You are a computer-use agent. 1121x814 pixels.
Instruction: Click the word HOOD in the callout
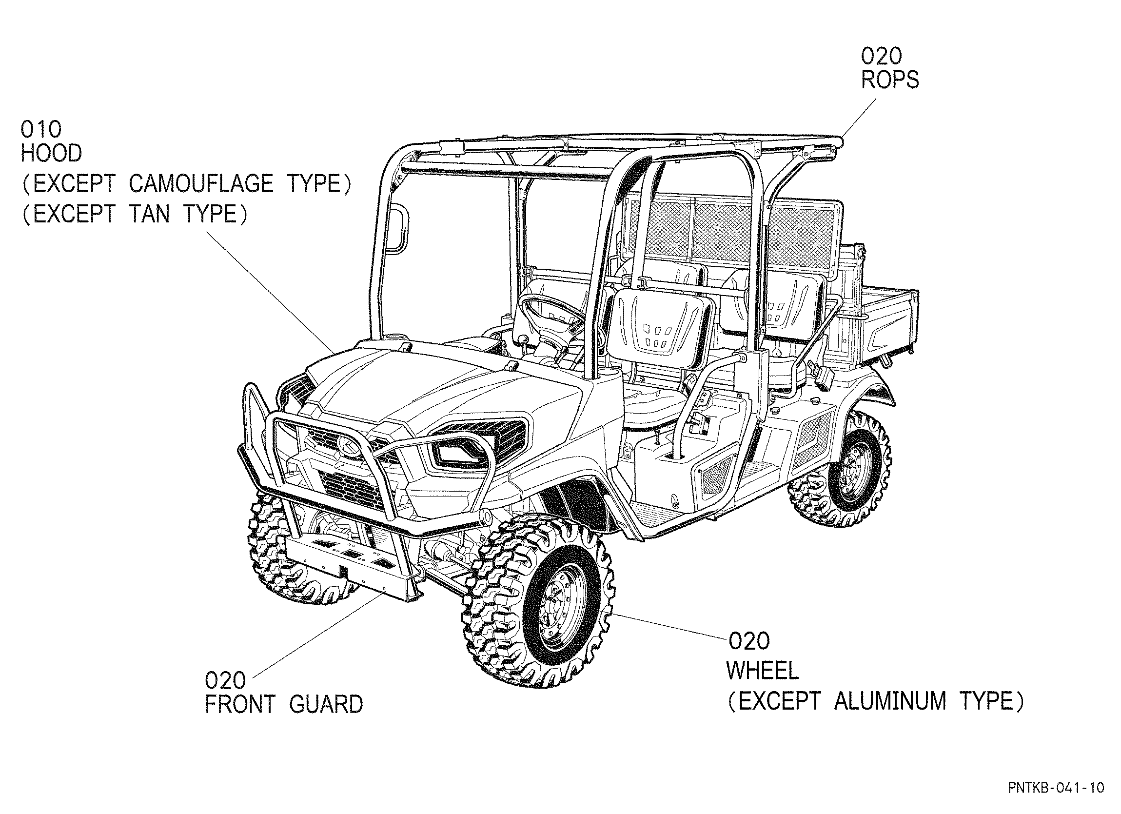tap(51, 154)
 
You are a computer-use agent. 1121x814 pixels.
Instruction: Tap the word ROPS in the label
tap(890, 80)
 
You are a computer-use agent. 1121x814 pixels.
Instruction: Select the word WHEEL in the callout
tap(763, 671)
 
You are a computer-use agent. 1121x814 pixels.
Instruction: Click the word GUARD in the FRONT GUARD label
tap(326, 704)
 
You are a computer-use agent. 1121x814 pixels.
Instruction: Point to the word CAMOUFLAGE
tap(201, 184)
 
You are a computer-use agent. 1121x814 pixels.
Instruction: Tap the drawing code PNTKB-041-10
tap(1056, 788)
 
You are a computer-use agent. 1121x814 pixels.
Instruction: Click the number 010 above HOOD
tap(41, 130)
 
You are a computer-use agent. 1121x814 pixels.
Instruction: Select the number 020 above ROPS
tap(881, 57)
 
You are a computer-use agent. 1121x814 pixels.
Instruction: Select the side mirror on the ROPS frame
tap(398, 230)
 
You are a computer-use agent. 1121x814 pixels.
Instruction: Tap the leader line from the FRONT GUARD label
tap(316, 636)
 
